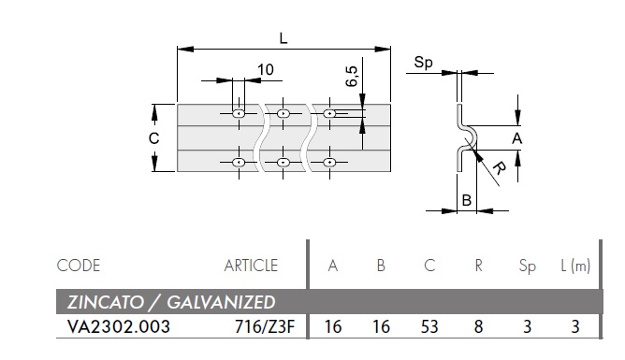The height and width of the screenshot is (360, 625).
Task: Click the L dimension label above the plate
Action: pyautogui.click(x=283, y=38)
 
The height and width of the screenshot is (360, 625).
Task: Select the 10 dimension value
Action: pyautogui.click(x=266, y=70)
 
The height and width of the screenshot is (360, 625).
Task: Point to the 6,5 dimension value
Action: pyautogui.click(x=352, y=77)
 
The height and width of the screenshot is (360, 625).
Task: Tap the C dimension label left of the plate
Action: pyautogui.click(x=153, y=138)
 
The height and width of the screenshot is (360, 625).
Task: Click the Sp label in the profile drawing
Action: pyautogui.click(x=423, y=63)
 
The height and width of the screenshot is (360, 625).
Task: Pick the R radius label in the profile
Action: pyautogui.click(x=499, y=167)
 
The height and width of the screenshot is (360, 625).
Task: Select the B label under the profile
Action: pyautogui.click(x=466, y=200)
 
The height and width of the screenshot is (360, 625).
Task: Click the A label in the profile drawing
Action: pyautogui.click(x=516, y=138)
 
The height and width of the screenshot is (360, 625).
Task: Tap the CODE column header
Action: pyautogui.click(x=79, y=266)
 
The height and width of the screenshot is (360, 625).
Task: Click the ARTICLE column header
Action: pyautogui.click(x=251, y=266)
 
